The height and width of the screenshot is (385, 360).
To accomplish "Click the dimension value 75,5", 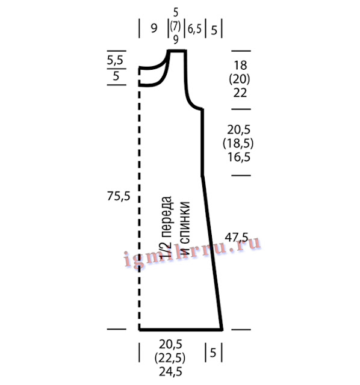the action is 119,197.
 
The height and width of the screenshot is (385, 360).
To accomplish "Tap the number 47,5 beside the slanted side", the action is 237,238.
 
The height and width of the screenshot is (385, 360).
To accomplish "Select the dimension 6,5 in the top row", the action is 194,29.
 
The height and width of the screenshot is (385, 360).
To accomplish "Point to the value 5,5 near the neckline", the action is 115,60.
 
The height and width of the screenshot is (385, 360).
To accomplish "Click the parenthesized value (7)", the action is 175,26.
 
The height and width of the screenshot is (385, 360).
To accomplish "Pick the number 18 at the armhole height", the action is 240,66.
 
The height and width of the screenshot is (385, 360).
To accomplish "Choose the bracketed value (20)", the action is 240,79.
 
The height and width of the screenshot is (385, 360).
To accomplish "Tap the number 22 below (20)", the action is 240,93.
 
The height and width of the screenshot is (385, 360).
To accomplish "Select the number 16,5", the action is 239,157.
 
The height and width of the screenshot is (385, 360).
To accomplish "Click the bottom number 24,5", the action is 170,372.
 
